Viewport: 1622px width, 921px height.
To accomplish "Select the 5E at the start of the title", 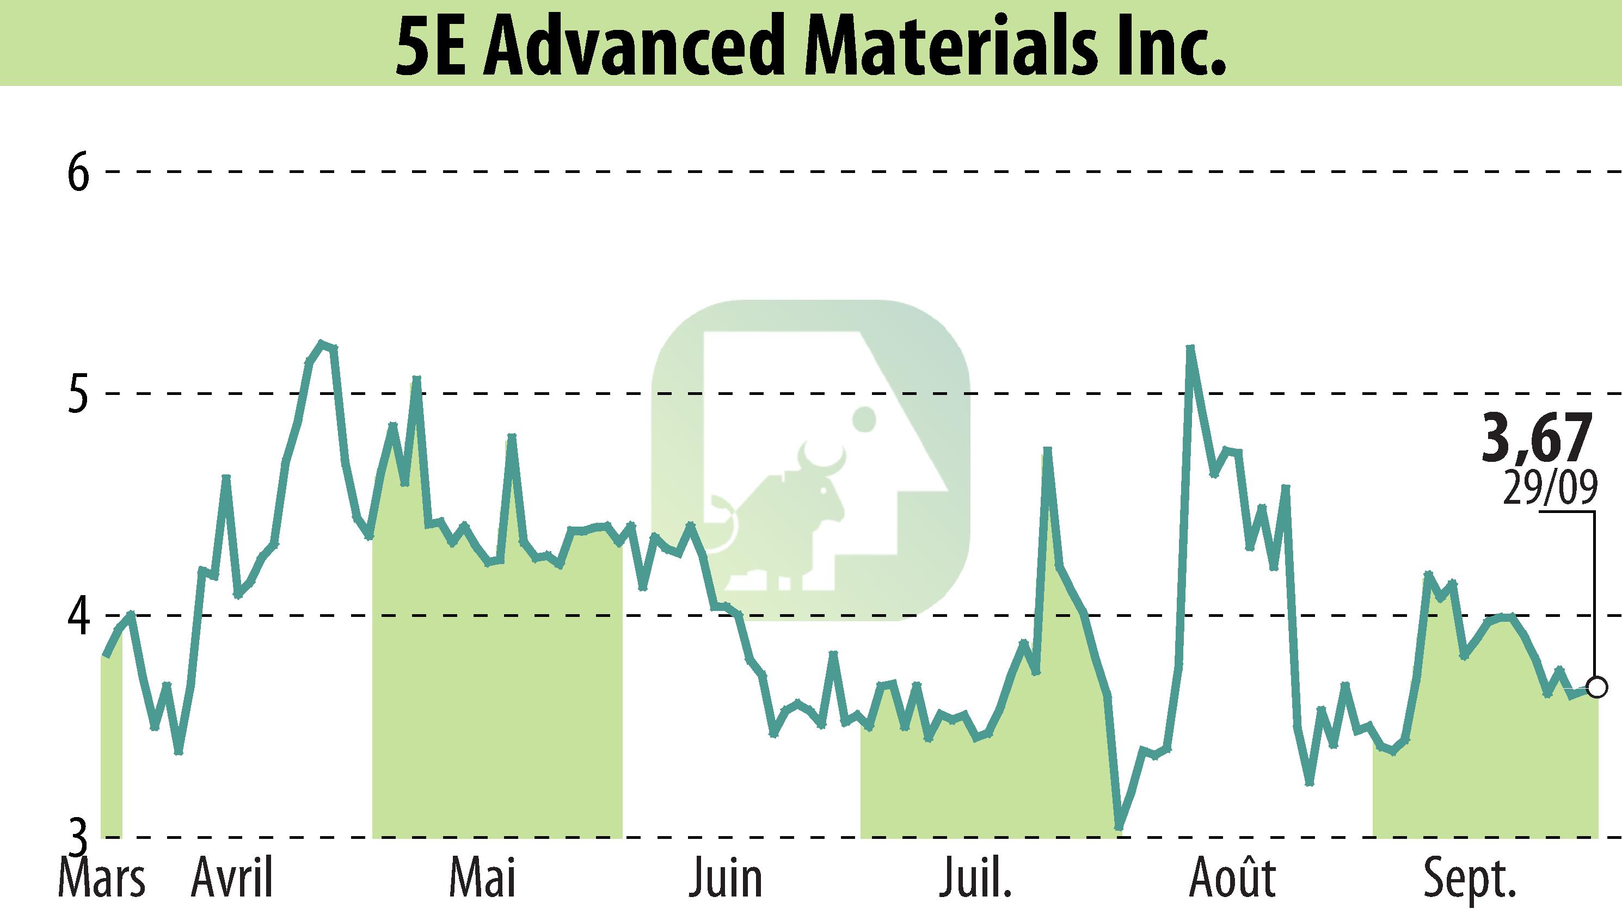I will [x=436, y=46].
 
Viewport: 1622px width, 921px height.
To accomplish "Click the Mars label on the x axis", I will [x=101, y=879].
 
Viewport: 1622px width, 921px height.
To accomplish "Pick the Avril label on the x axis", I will [x=232, y=879].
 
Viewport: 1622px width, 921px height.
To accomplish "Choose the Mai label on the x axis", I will [x=483, y=879].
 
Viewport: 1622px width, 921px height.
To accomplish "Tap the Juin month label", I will [x=727, y=879].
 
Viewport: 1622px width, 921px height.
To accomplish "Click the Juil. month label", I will [x=975, y=879].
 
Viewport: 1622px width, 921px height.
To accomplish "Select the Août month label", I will [x=1233, y=879].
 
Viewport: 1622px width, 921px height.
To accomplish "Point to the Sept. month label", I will [x=1470, y=879].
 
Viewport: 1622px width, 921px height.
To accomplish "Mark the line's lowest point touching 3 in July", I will [x=1119, y=827].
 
